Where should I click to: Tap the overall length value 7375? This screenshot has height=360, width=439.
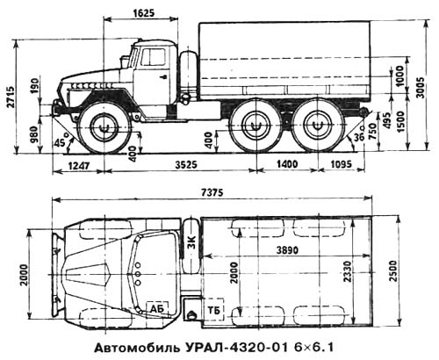pos(212,192)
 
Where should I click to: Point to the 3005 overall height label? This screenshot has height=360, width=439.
pos(421,88)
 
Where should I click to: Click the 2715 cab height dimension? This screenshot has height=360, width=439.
pos(11,97)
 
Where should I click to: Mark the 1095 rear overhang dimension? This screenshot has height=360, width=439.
pos(341,164)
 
